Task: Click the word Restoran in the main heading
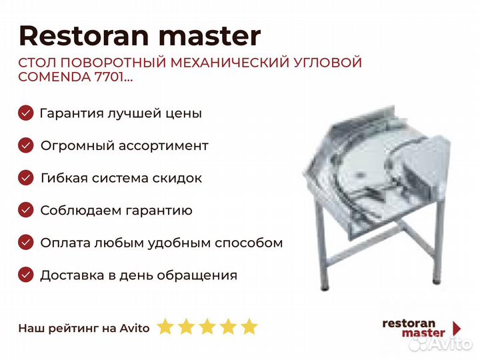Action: pyautogui.click(x=83, y=36)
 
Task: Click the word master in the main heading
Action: pyautogui.click(x=210, y=36)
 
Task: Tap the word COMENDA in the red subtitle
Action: pyautogui.click(x=54, y=77)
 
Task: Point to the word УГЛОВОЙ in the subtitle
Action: pyautogui.click(x=327, y=63)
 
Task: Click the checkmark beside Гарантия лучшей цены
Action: pyautogui.click(x=26, y=113)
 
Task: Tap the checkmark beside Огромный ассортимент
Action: pyautogui.click(x=26, y=145)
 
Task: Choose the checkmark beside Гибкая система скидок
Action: pyautogui.click(x=26, y=178)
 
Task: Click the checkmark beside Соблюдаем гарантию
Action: pyautogui.click(x=26, y=210)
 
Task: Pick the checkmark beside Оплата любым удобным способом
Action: pyautogui.click(x=26, y=243)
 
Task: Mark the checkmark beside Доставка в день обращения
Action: pyautogui.click(x=26, y=275)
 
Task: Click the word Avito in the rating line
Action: pyautogui.click(x=135, y=328)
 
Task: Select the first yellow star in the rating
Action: pyautogui.click(x=165, y=326)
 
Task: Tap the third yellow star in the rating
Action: pyautogui.click(x=207, y=326)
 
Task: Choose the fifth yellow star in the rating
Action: pyautogui.click(x=249, y=326)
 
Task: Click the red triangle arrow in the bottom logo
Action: pyautogui.click(x=457, y=328)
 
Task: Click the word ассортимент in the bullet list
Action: pyautogui.click(x=163, y=146)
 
